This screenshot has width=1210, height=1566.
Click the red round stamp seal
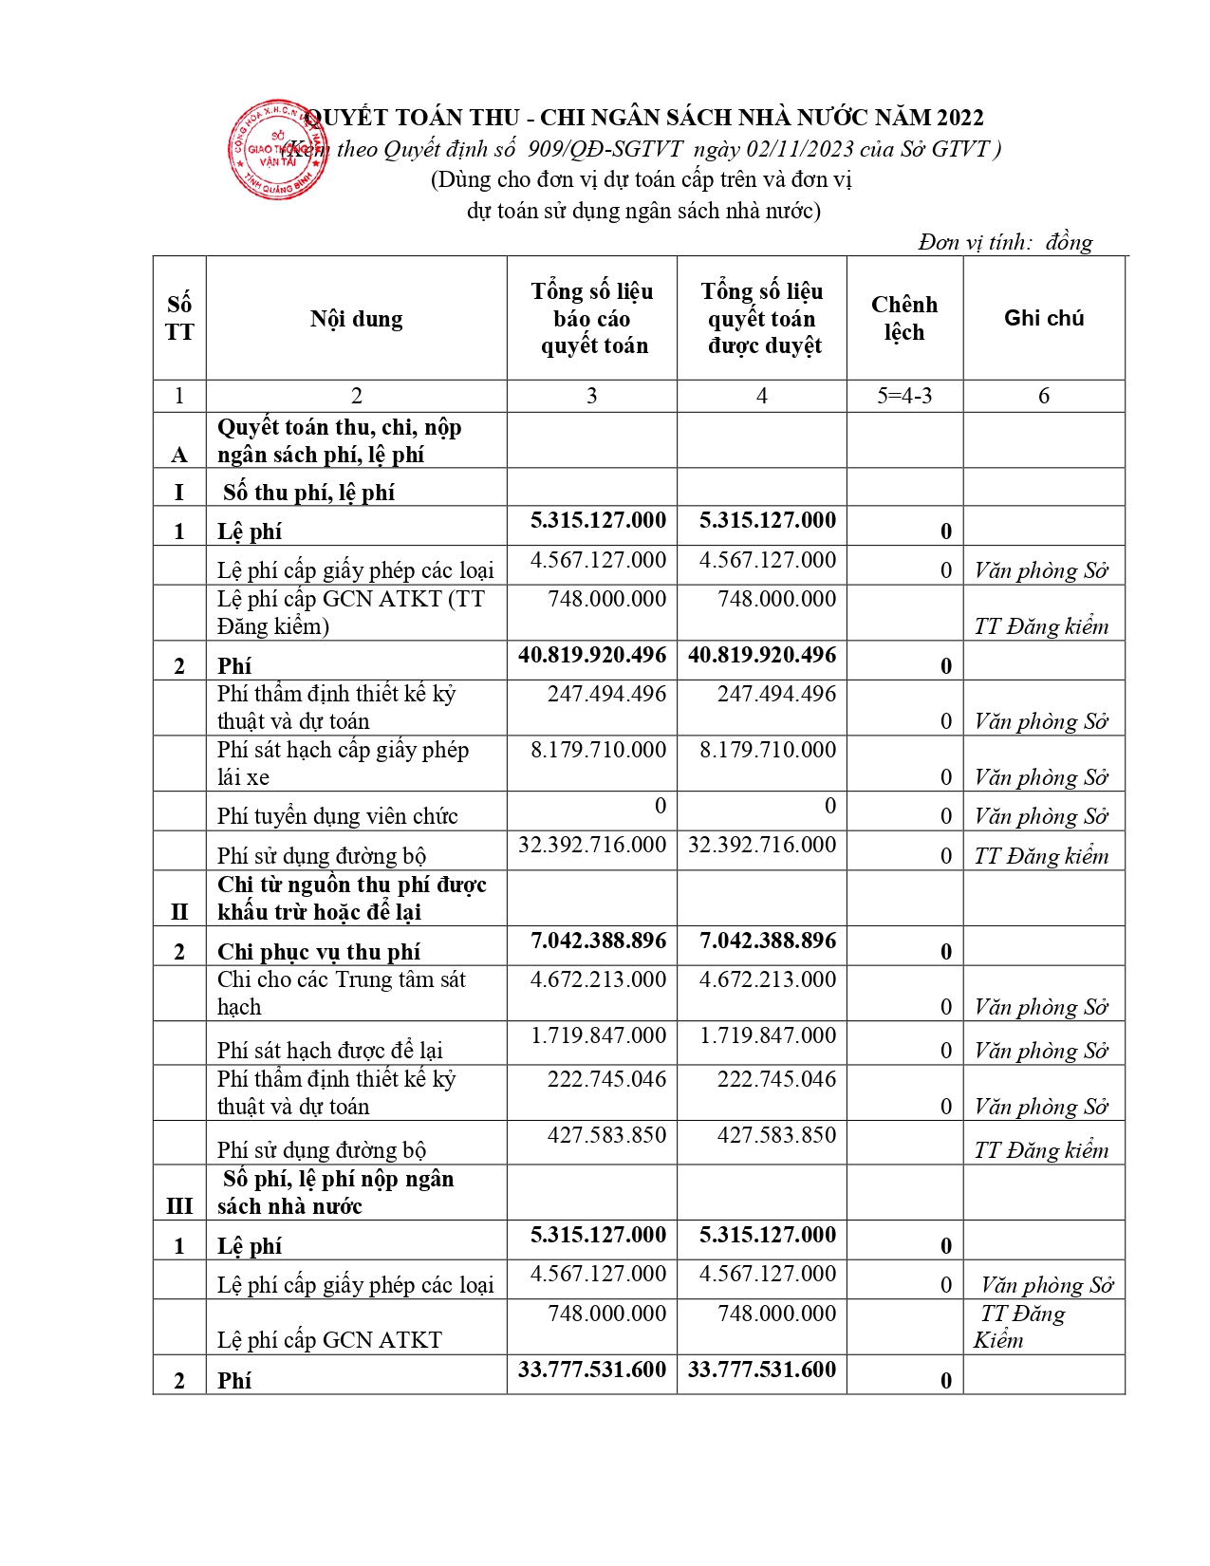point(277,150)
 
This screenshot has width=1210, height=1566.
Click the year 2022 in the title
point(959,118)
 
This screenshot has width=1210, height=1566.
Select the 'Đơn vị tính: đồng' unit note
point(1005,243)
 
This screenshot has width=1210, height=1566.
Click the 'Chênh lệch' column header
point(903,318)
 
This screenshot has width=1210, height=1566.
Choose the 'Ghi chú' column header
point(1043,318)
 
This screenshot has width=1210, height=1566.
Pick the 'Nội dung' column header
point(356,319)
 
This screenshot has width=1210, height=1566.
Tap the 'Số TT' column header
point(179,318)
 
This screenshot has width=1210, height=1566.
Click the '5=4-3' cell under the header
point(903,396)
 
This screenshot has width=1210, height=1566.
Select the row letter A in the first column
point(179,456)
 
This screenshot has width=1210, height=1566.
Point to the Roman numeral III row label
point(179,1206)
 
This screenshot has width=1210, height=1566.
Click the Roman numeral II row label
point(179,912)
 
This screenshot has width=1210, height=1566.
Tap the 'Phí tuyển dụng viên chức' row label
point(337,816)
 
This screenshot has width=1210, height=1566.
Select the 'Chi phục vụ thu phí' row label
point(318,952)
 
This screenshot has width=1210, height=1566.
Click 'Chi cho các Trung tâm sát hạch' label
point(341,993)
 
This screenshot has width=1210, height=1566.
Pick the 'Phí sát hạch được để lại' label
point(329,1051)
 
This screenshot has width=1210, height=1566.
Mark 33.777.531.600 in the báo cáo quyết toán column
point(592,1370)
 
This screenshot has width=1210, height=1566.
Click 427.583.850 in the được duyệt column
point(776,1135)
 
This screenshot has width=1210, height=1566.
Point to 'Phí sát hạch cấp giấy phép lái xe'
point(343,763)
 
